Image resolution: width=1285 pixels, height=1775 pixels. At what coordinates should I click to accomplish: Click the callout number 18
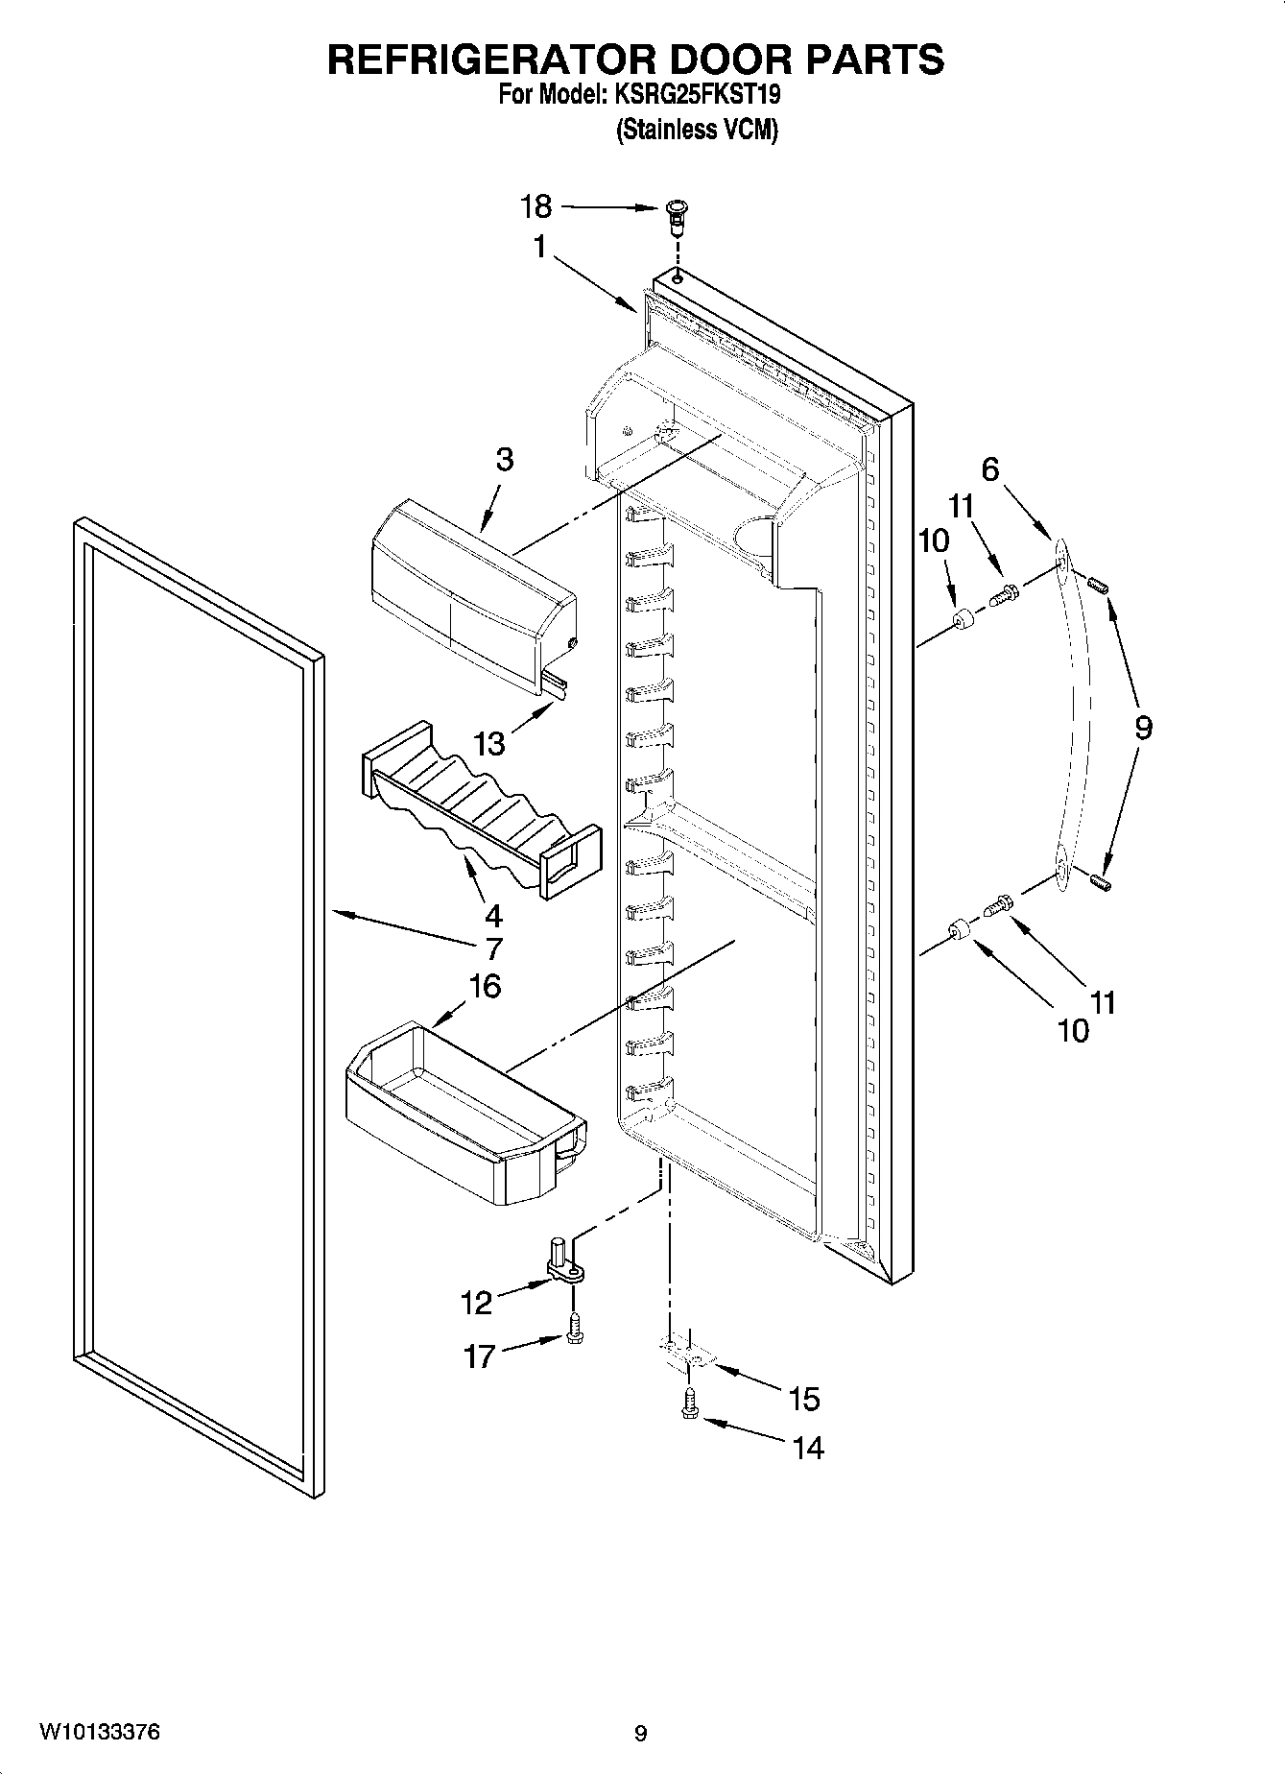536,206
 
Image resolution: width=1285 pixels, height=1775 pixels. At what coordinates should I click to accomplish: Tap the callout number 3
504,460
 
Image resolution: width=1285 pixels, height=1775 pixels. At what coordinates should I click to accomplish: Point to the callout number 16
486,986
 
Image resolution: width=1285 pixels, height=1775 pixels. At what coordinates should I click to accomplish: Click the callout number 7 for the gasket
492,948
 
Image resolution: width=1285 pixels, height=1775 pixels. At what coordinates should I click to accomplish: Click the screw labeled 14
690,1408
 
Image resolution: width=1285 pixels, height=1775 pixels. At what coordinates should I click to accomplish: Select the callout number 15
804,1400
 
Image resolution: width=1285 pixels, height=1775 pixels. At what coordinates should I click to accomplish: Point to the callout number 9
1142,728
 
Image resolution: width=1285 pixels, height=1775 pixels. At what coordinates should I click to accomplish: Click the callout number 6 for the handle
989,468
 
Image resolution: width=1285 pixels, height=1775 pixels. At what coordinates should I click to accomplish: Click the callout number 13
490,743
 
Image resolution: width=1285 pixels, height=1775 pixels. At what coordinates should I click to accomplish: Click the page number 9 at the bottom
640,1733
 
